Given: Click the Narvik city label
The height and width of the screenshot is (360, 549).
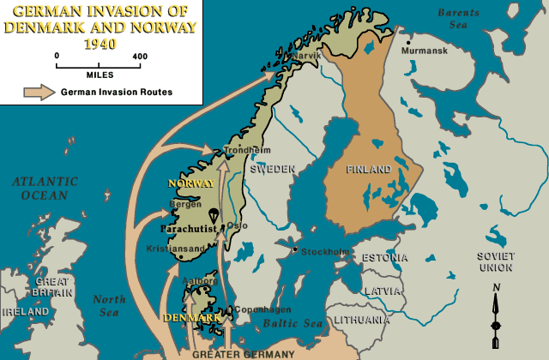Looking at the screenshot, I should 306,56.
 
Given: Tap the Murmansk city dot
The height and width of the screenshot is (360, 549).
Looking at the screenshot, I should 409,42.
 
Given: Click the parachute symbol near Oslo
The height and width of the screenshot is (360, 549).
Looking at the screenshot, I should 212,215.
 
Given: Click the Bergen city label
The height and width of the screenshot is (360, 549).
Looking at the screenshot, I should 186,206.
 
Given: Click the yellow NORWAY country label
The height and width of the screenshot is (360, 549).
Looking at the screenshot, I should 190,183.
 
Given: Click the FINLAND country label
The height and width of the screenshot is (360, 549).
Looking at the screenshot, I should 368,170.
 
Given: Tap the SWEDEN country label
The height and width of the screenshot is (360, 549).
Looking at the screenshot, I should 273,169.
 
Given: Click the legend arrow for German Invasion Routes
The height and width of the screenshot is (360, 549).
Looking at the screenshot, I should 35,92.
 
